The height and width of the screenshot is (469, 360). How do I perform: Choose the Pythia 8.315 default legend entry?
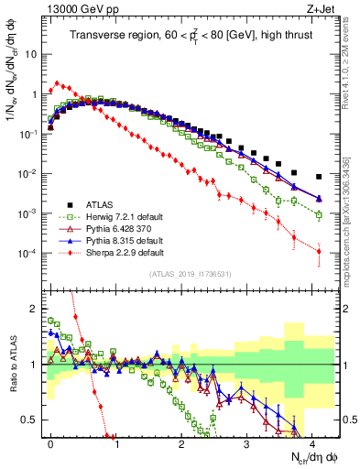[x=115, y=239]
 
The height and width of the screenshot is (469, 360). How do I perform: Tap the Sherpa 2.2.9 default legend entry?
[x=115, y=251]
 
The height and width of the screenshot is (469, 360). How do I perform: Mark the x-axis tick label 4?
[x=312, y=442]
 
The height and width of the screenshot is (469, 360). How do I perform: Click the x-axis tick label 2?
[x=181, y=442]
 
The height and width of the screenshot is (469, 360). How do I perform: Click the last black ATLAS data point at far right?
[x=319, y=177]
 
